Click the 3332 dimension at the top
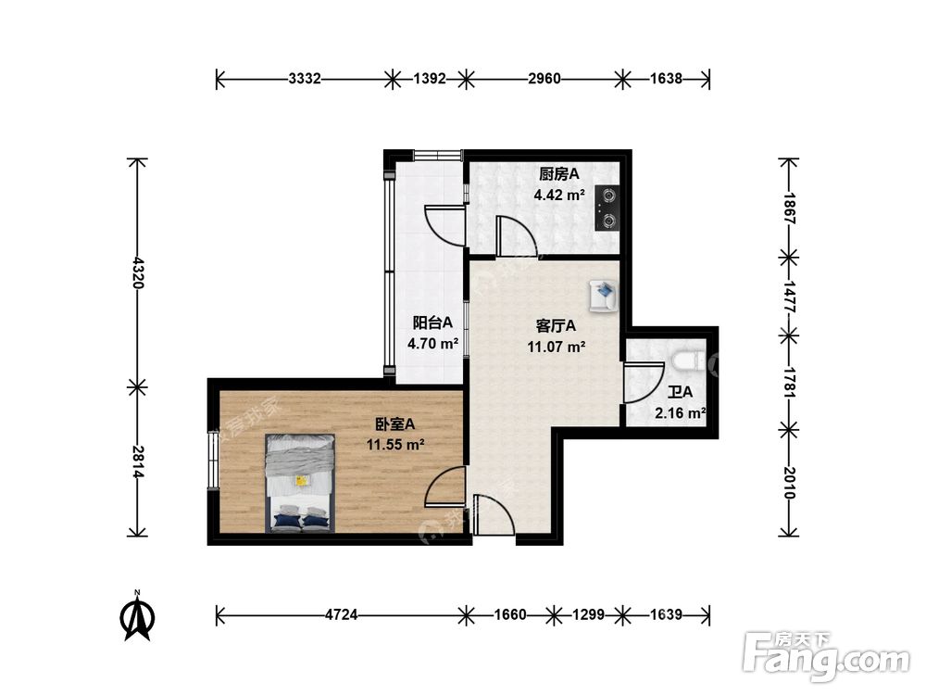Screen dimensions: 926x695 [x=305, y=79]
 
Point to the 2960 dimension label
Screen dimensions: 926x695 [x=544, y=79]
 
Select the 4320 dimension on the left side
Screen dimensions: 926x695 [x=138, y=272]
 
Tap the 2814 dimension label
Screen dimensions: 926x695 [x=138, y=461]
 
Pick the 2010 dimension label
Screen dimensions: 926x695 [x=789, y=483]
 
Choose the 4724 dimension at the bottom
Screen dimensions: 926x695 [x=342, y=615]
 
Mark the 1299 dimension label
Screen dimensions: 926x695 [x=588, y=615]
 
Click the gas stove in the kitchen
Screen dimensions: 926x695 [x=607, y=208]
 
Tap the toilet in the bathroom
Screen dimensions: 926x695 [x=689, y=360]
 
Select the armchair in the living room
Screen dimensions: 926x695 [x=603, y=295]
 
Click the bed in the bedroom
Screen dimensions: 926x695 [x=300, y=484]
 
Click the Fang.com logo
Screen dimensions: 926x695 [x=826, y=656]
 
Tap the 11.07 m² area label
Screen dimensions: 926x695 [x=557, y=347]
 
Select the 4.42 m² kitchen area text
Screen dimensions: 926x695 [x=559, y=195]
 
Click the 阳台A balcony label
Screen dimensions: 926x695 [x=432, y=322]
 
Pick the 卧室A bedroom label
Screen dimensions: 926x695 [x=395, y=423]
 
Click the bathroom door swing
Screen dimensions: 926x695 [x=644, y=383]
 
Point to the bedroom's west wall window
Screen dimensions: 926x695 [x=213, y=460]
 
